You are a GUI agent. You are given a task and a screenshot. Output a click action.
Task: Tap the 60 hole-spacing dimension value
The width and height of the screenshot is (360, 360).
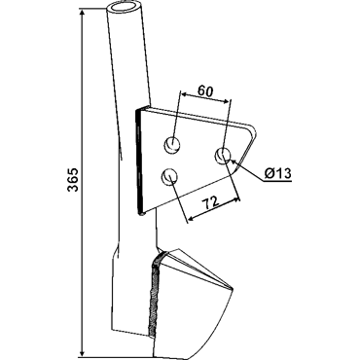[x=206, y=91]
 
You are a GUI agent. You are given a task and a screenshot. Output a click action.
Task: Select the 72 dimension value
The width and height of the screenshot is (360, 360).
[x=211, y=204]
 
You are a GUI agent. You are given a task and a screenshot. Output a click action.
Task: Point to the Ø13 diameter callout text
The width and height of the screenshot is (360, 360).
[x=277, y=173]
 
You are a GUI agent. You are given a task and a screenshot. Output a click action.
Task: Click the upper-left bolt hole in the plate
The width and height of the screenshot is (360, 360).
[x=173, y=145]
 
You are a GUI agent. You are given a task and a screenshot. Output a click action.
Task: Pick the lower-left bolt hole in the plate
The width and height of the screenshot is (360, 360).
[x=169, y=177]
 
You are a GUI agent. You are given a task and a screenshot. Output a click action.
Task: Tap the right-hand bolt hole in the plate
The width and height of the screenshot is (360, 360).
[x=223, y=156]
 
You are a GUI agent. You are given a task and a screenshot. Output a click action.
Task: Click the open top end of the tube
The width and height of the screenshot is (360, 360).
[x=125, y=8]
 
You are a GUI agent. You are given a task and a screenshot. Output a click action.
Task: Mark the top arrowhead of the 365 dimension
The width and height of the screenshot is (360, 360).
[x=83, y=14]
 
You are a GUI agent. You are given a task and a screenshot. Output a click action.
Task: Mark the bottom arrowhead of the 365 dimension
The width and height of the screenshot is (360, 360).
[x=83, y=352]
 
